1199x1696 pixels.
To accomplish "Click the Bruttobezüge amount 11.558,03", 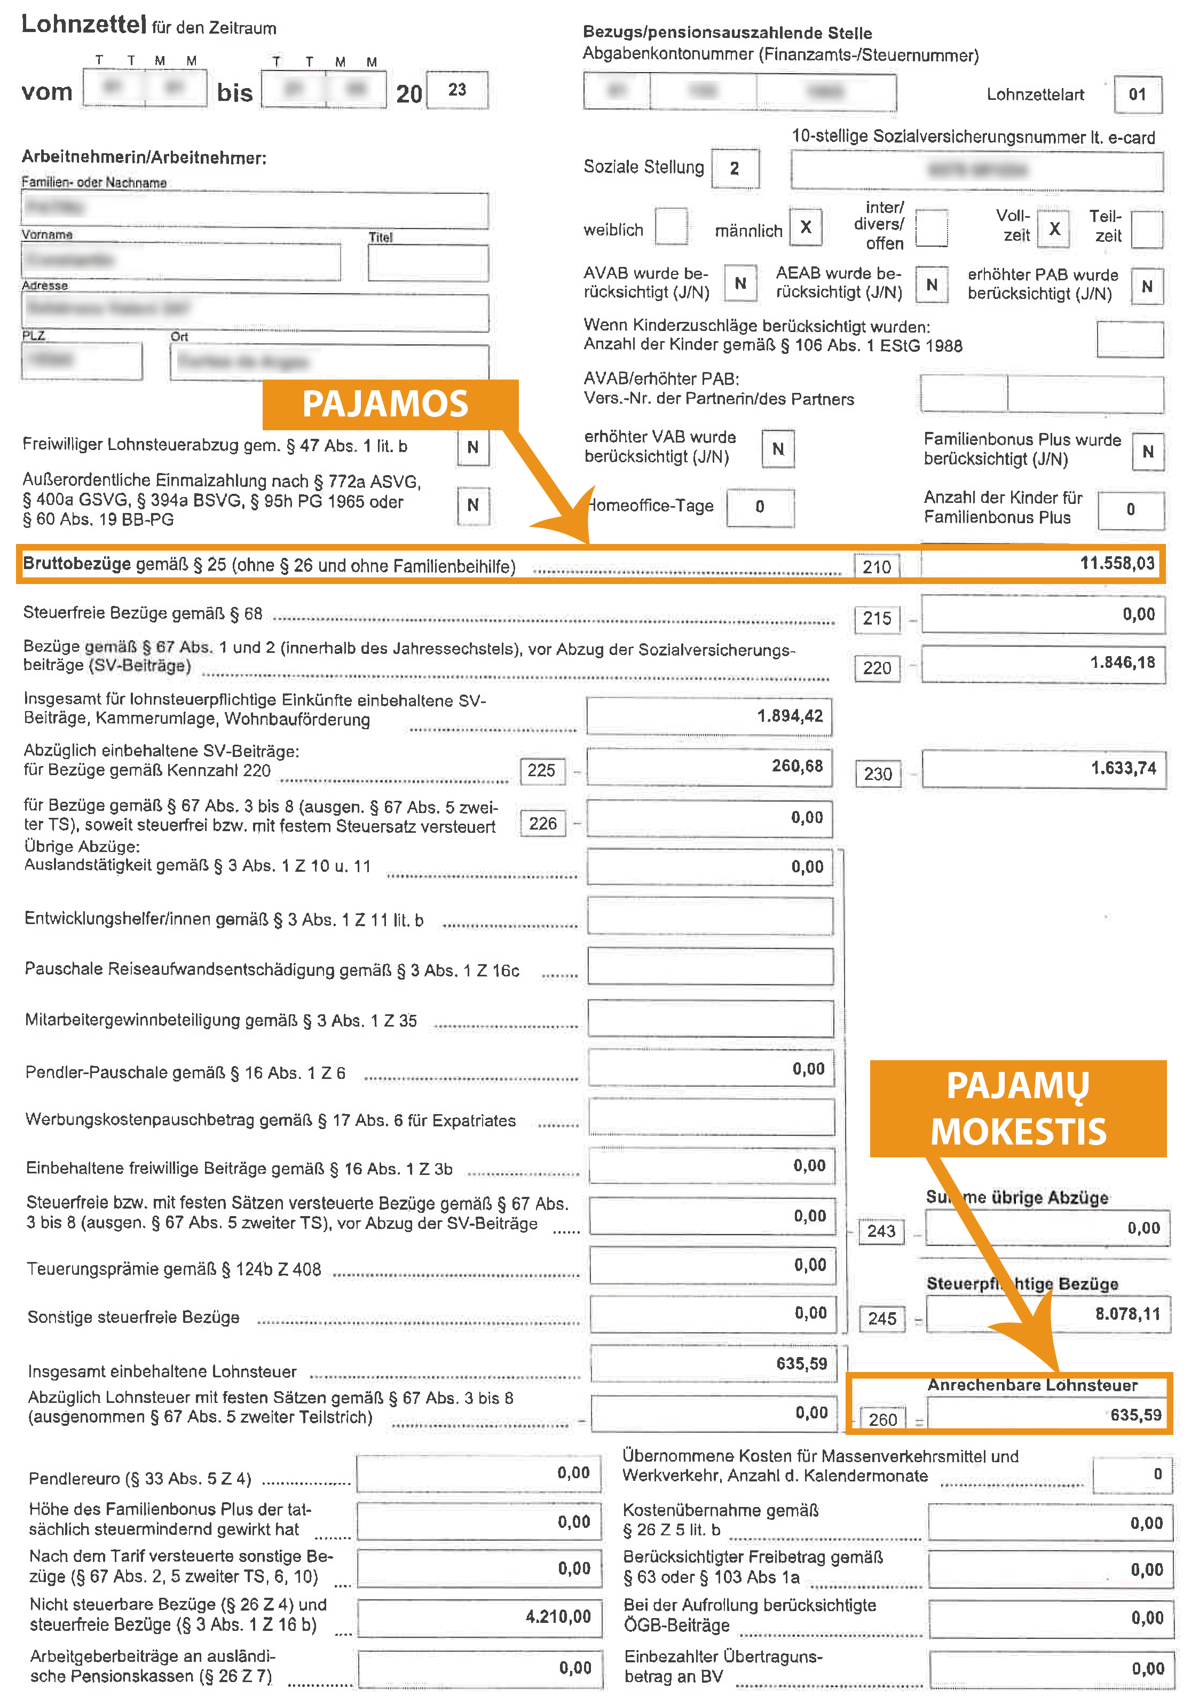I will point(1116,564).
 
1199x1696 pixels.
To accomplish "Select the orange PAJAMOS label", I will point(385,404).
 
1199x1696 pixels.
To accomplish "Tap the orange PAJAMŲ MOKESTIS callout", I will point(1017,1108).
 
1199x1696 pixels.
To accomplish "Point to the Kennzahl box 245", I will point(881,1319).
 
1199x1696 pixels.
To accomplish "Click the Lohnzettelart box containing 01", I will point(1137,94).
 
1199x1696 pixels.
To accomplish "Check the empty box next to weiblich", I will point(671,227).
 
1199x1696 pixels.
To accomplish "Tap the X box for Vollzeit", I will point(1054,229).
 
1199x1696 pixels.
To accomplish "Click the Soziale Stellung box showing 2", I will point(735,168).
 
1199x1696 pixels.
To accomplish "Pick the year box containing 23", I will point(457,90).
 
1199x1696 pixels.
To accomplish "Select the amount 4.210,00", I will point(558,1617).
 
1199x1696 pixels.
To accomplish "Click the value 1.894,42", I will point(789,716).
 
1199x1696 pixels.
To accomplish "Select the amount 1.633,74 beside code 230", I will point(1123,768).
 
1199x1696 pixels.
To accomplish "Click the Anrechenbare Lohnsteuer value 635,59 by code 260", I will point(1135,1415).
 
